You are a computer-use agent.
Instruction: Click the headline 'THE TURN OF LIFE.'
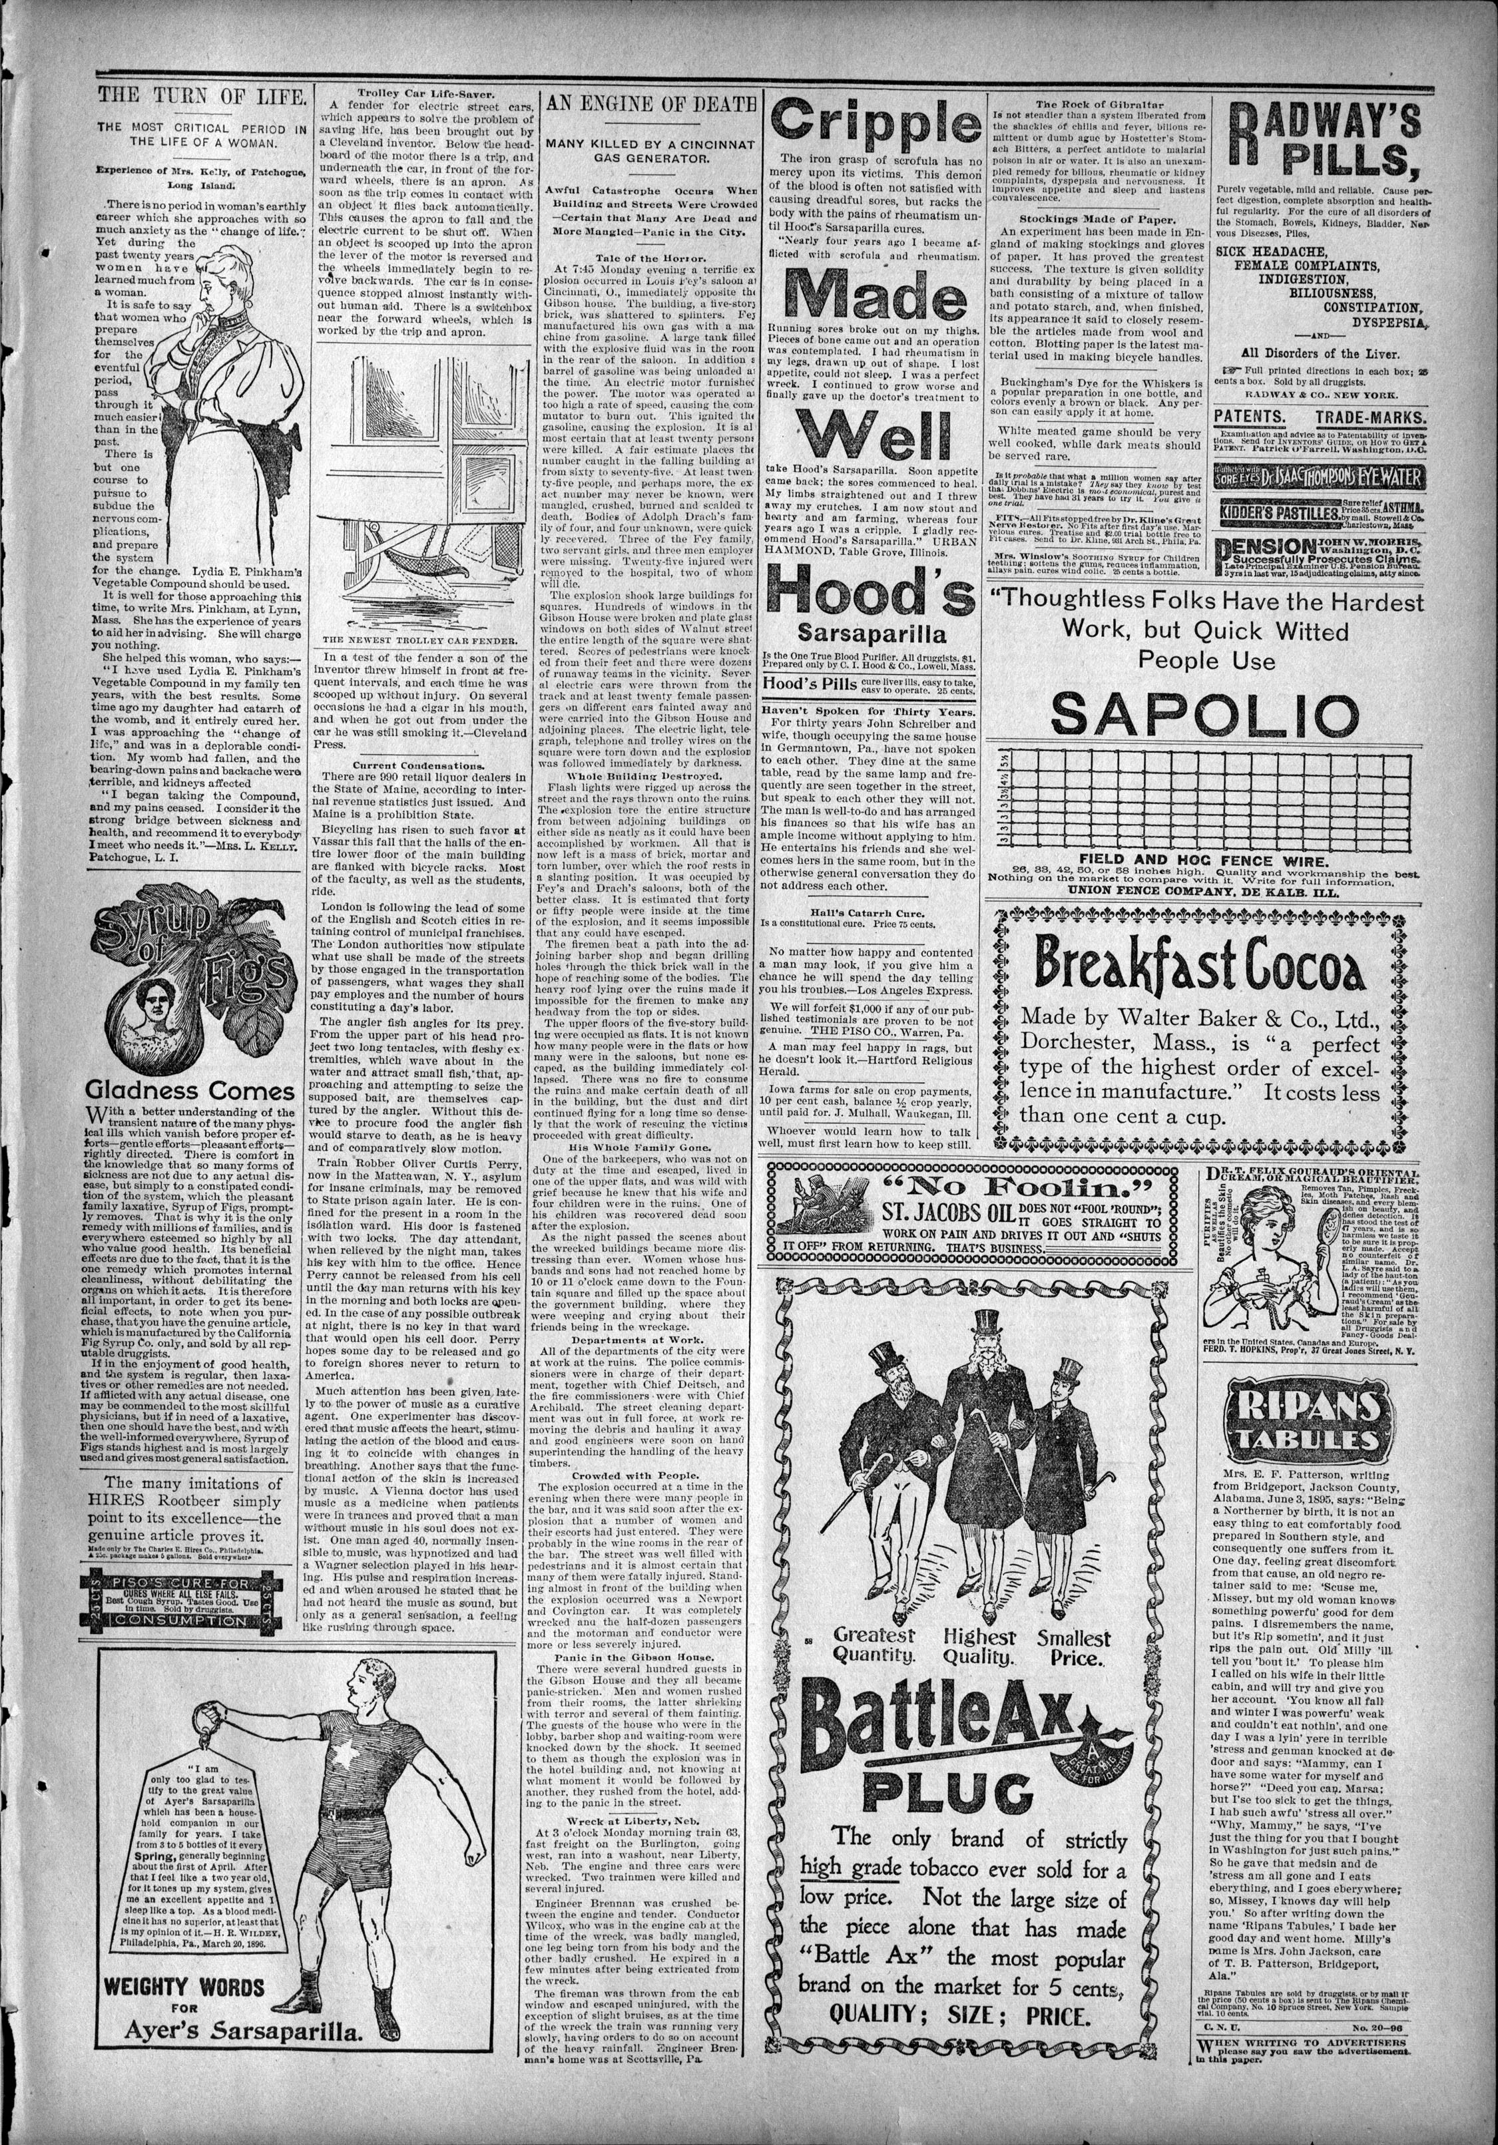pos(203,95)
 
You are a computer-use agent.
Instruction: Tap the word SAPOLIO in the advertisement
pos(1204,715)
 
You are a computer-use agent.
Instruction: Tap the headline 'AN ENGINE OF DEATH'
pos(650,104)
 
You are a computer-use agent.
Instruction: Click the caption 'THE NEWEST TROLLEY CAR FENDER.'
pos(419,640)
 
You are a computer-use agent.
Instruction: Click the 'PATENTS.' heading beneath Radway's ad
pos(1248,417)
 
